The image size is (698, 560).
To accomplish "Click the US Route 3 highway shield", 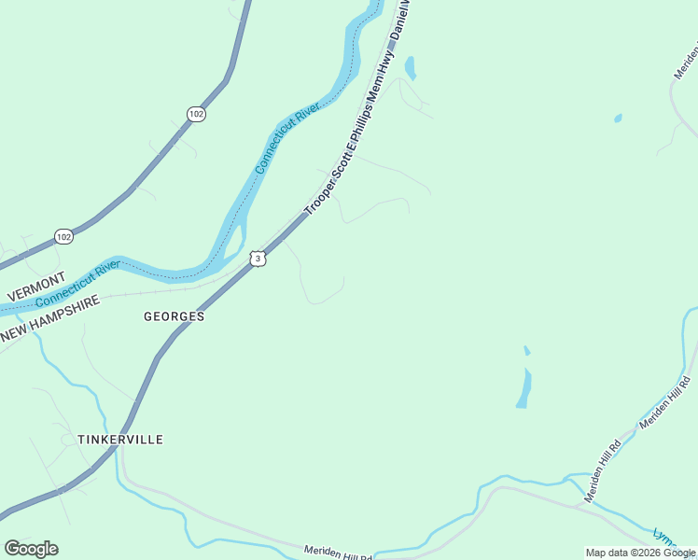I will (258, 257).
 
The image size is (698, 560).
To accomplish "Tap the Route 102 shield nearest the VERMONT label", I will (63, 236).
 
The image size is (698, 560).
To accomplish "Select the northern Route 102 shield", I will (195, 114).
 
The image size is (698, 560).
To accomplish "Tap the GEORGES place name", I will (174, 316).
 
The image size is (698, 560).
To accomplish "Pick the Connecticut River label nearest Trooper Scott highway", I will (287, 139).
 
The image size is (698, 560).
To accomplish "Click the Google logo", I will (31, 549).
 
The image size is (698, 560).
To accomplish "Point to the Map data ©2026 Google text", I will (640, 553).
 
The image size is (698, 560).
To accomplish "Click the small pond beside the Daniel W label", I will (410, 68).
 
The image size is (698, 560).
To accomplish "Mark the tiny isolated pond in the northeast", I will (618, 119).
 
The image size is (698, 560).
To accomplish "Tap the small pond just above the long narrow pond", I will (527, 351).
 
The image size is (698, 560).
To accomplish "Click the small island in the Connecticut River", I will (235, 236).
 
